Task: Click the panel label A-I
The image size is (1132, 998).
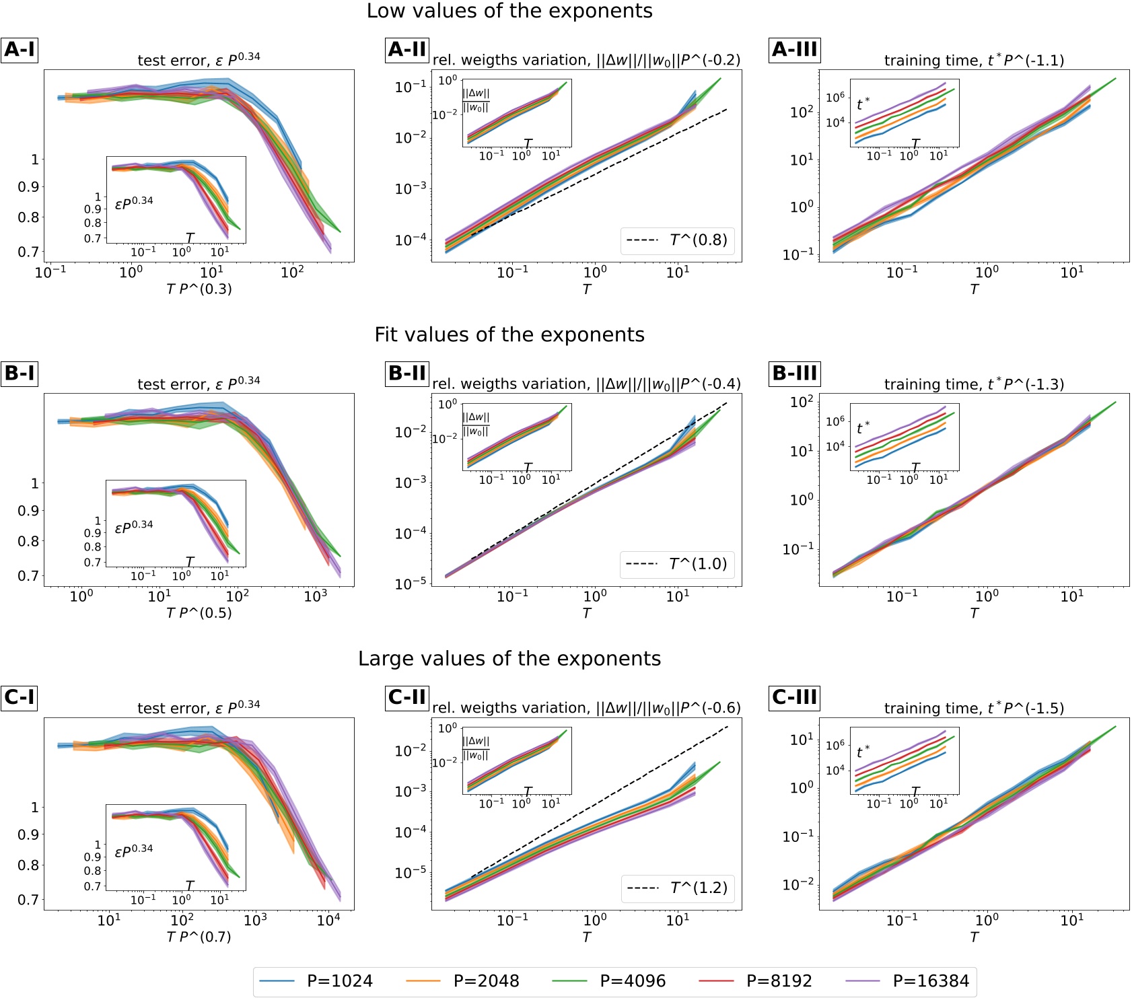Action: [20, 50]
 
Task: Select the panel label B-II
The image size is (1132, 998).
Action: [407, 373]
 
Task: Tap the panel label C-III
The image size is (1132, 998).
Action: [795, 697]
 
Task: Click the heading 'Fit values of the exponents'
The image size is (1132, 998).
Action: [509, 334]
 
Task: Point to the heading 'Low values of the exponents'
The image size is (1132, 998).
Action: [509, 11]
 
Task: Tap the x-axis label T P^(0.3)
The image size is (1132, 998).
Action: [199, 289]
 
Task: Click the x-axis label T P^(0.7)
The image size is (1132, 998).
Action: [199, 937]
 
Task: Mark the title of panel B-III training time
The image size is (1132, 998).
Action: [974, 384]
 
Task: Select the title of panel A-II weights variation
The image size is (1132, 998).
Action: [586, 60]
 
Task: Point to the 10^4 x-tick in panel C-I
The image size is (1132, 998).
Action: [328, 921]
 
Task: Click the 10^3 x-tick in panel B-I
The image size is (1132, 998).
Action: [316, 596]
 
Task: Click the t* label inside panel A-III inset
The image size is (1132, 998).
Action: [863, 104]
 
